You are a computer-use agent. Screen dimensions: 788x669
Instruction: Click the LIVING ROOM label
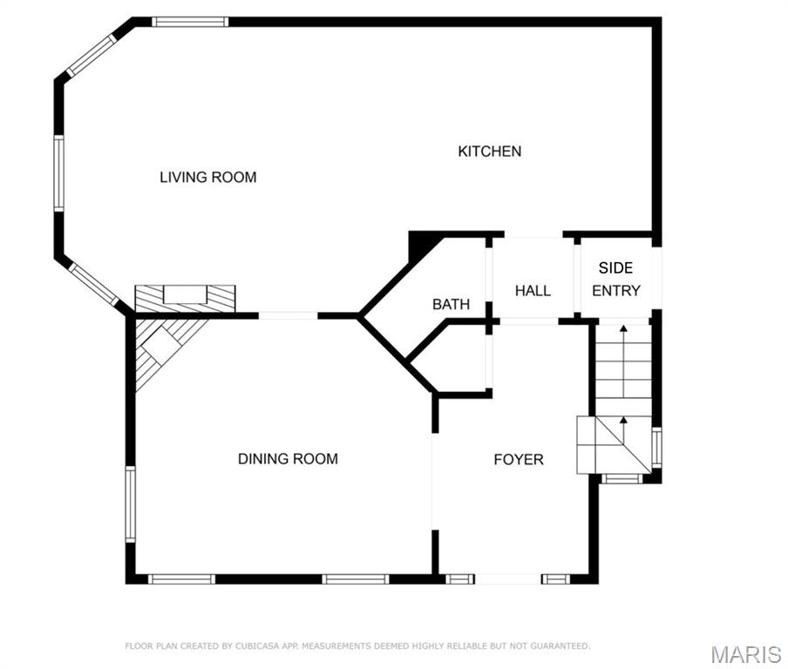[208, 178]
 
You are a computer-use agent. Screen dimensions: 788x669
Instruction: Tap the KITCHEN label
[490, 152]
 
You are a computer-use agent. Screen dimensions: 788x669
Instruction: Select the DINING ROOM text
[288, 458]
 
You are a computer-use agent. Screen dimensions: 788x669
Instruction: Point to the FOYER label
[519, 460]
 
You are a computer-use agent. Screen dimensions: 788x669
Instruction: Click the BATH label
[452, 304]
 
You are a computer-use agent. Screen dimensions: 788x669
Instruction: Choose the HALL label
[533, 290]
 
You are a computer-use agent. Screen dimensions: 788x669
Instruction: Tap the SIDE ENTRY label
[616, 280]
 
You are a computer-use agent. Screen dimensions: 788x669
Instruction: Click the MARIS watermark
[746, 655]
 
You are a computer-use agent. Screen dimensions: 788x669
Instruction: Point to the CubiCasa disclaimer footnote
[357, 645]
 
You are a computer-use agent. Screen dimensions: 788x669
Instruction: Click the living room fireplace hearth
[185, 299]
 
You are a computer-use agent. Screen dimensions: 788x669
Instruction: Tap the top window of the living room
[190, 22]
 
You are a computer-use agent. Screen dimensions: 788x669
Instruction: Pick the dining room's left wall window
[130, 503]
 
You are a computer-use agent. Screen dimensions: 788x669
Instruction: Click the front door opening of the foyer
[507, 579]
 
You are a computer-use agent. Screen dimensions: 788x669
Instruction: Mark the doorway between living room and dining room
[288, 315]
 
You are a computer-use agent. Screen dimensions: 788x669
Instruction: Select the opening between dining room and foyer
[435, 481]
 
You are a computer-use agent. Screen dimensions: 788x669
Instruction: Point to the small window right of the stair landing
[657, 447]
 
